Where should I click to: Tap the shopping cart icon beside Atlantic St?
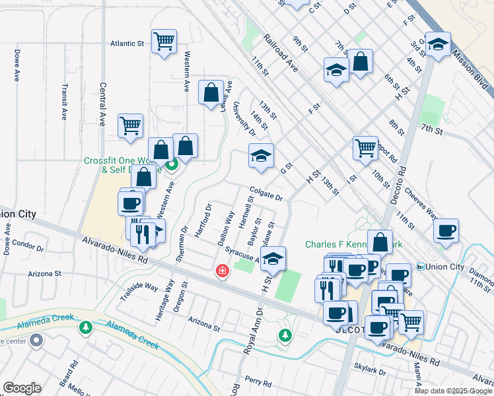[x=164, y=42]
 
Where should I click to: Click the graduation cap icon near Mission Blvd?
[x=438, y=44]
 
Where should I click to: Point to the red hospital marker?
[x=223, y=271]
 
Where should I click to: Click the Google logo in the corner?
[x=22, y=388]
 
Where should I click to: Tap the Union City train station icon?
[x=421, y=267]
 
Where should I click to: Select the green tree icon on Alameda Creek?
[x=85, y=327]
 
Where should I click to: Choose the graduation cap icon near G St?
[x=261, y=156]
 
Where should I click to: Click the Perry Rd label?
[x=258, y=382]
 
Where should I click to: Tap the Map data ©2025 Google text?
[x=453, y=391]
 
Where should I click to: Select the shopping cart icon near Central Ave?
[x=130, y=125]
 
